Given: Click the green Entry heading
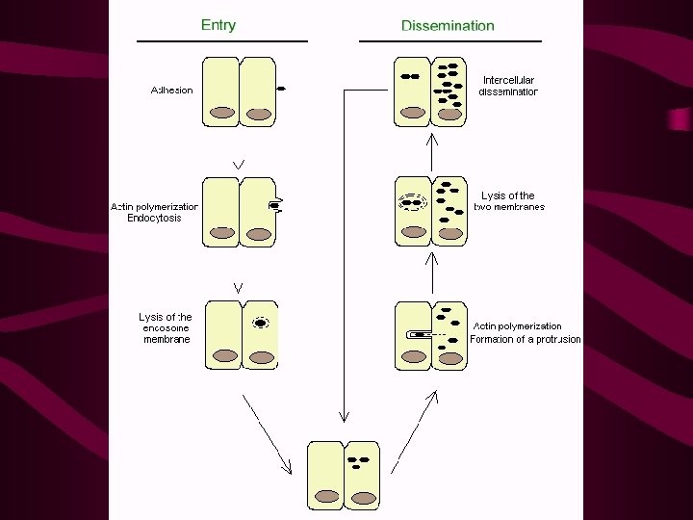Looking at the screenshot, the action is coord(218,25).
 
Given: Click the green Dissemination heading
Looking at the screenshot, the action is coord(448,26).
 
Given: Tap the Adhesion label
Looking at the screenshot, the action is coord(172,91).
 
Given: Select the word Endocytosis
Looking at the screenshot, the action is coord(154,218).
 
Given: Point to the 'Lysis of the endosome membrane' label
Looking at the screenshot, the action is coord(166,328).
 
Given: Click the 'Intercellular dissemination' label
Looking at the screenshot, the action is coord(508,86).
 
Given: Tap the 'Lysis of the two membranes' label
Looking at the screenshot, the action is coord(509,201).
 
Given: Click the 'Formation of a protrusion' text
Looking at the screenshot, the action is coord(526,339).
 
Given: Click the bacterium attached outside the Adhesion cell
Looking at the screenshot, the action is coord(281,89).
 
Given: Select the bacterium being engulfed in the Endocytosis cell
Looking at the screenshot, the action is coord(274,205).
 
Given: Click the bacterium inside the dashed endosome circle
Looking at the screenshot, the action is coord(261,324).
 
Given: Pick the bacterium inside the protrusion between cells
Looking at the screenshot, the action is coord(418,335).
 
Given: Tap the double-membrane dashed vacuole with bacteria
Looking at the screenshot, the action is coord(412,202).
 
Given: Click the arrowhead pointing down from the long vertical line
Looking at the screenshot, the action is coord(345,417).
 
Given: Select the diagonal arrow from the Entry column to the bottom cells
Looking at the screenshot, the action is coord(267,434).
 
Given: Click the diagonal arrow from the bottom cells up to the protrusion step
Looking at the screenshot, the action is coord(415,432).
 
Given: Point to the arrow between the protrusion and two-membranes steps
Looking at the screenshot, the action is coord(432,273).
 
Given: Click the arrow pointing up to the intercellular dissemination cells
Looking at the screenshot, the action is coord(432,153).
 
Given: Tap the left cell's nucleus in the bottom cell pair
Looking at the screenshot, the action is coord(327,496).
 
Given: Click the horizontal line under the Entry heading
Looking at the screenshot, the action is coord(222,41).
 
